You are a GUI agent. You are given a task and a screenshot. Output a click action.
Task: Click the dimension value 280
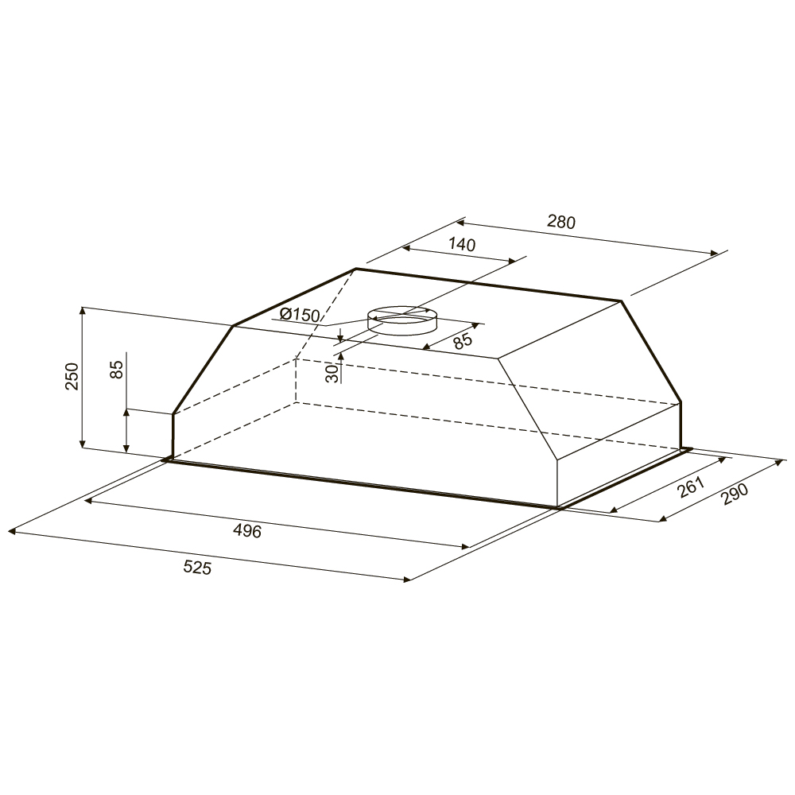pos(561,222)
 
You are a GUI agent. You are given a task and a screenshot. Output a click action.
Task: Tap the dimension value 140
pos(462,244)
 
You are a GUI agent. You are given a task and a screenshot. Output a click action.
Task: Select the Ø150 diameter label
pos(301,315)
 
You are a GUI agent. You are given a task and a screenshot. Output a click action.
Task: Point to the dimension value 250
pos(72,376)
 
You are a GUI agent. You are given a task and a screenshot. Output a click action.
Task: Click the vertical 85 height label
pos(117,370)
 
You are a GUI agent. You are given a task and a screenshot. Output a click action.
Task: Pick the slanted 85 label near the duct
pos(463,340)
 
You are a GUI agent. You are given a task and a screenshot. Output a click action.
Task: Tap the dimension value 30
pos(332,374)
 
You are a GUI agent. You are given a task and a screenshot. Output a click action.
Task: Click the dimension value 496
pos(247,531)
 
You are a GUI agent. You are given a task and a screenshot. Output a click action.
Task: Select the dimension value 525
pos(197,568)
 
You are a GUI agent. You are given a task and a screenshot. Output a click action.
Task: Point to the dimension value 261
pos(692,487)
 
